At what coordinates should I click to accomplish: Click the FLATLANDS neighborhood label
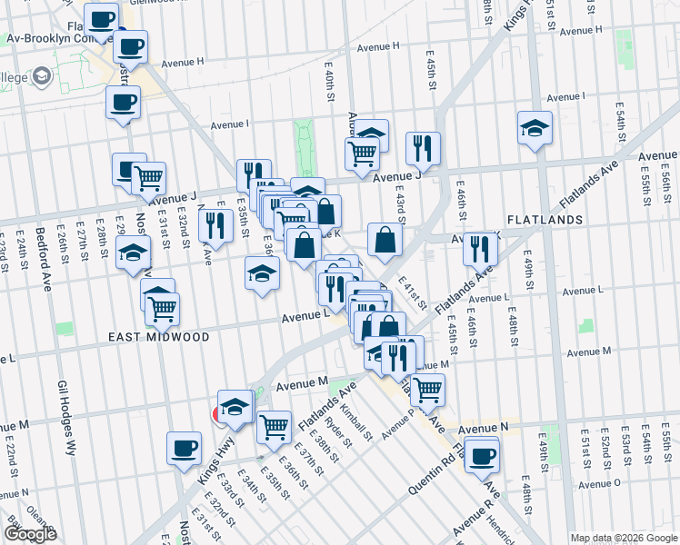coord(545,220)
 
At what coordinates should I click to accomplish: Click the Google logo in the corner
coord(30,534)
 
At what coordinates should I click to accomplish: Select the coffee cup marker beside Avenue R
coord(482,455)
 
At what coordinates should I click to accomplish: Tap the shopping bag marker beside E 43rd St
coord(385,240)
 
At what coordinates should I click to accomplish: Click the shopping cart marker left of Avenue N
coord(426,391)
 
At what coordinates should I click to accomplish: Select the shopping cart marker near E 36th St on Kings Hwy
coord(274,426)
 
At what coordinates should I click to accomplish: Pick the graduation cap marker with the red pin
coord(235,408)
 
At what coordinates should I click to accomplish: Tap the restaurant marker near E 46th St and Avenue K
coord(479,248)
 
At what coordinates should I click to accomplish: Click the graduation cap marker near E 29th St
coord(133,253)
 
